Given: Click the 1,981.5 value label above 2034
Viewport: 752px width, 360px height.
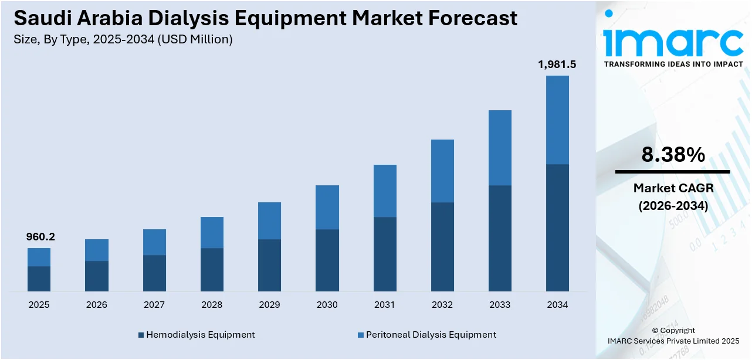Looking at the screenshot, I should [x=557, y=64].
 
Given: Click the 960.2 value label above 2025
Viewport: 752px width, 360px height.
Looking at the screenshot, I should [x=40, y=237].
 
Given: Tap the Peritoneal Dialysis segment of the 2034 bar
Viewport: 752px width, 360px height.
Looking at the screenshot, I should [x=557, y=120].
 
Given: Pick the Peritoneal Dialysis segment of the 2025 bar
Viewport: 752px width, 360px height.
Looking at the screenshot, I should [x=39, y=257].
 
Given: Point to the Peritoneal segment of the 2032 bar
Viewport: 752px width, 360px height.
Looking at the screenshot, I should [x=442, y=171].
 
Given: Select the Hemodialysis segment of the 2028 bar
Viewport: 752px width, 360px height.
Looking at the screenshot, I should [x=212, y=269].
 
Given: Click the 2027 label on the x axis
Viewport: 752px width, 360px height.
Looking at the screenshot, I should [x=154, y=305].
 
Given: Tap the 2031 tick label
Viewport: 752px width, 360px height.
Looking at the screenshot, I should [x=385, y=305].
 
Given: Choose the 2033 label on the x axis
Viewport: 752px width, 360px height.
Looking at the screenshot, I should [x=500, y=305].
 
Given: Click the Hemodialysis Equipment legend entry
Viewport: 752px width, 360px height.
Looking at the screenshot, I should [x=196, y=335].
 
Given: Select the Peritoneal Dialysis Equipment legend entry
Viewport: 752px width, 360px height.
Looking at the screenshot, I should [x=426, y=335].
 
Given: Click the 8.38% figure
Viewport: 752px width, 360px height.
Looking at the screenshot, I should [x=673, y=155].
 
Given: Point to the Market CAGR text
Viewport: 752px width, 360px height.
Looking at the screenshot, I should [x=673, y=189].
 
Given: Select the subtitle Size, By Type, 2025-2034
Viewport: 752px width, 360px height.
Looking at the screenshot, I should [x=123, y=39].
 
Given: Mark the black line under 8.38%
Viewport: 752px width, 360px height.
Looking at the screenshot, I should [x=673, y=172].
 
